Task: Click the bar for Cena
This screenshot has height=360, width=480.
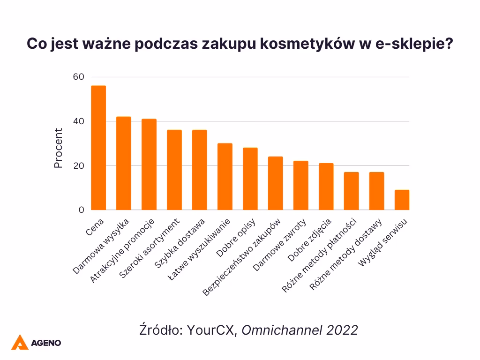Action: [98, 148]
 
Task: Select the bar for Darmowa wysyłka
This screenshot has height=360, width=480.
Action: [124, 164]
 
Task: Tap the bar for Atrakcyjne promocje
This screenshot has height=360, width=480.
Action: [149, 165]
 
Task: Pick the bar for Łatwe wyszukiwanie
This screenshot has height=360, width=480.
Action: [225, 177]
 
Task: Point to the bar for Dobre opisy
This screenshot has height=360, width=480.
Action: [250, 179]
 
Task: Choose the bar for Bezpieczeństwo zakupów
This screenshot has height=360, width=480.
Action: [276, 183]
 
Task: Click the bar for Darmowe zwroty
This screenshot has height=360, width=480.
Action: [301, 186]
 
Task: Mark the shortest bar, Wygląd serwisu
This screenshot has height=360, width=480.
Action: [402, 200]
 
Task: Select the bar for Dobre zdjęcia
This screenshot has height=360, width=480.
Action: [326, 187]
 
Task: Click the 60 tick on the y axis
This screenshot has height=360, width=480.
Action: [79, 77]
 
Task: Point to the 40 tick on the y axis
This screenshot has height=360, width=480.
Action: [79, 121]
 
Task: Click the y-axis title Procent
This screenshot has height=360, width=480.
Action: [58, 148]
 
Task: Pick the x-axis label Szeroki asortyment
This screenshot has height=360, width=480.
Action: [150, 248]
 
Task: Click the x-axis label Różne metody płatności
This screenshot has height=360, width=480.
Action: [320, 255]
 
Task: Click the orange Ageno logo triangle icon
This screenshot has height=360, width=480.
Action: [20, 342]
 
